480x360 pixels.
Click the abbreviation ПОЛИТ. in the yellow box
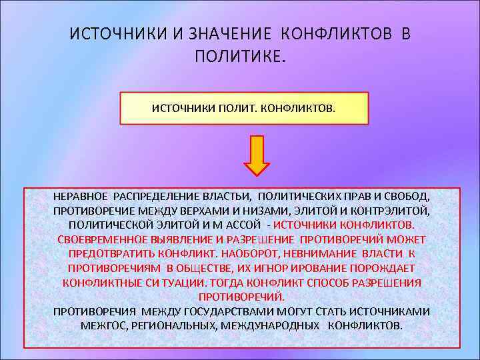[x=233, y=108]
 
